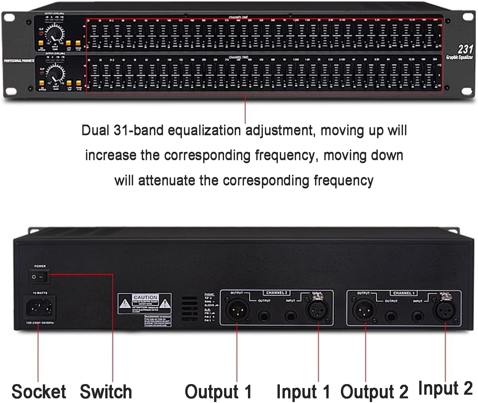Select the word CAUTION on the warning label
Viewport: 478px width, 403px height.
coord(145,297)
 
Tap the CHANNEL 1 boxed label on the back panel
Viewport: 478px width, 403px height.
coord(404,293)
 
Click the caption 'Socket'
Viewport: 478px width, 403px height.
coord(39,391)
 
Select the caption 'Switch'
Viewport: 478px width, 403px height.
coord(106,391)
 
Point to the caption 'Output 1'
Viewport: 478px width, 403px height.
coord(218,391)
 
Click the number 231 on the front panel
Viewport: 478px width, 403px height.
coord(465,49)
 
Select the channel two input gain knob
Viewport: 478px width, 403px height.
coord(55,73)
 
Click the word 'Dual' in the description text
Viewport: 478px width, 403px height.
coord(95,130)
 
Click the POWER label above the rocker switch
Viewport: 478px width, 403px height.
coord(40,266)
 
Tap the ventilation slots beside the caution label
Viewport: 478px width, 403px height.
coord(190,308)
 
